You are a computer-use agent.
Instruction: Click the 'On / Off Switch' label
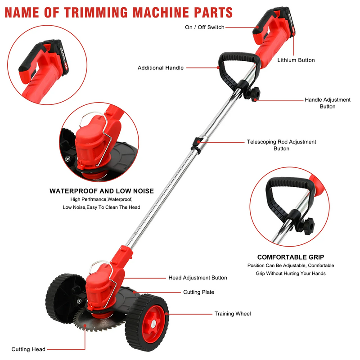tap(204, 27)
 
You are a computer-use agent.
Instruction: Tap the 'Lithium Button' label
tap(296, 60)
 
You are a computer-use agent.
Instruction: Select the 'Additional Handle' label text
tap(161, 68)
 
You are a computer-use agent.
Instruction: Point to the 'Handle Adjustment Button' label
tap(327, 103)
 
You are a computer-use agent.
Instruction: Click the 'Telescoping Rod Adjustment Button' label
tap(281, 145)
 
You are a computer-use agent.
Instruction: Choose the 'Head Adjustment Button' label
tap(198, 278)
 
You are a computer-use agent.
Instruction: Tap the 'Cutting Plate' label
tap(198, 292)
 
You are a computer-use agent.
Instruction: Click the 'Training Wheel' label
tap(233, 314)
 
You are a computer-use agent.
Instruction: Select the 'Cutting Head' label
tap(28, 349)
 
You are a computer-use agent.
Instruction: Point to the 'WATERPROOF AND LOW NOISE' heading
tap(102, 191)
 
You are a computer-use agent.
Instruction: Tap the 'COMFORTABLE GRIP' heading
tap(290, 257)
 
